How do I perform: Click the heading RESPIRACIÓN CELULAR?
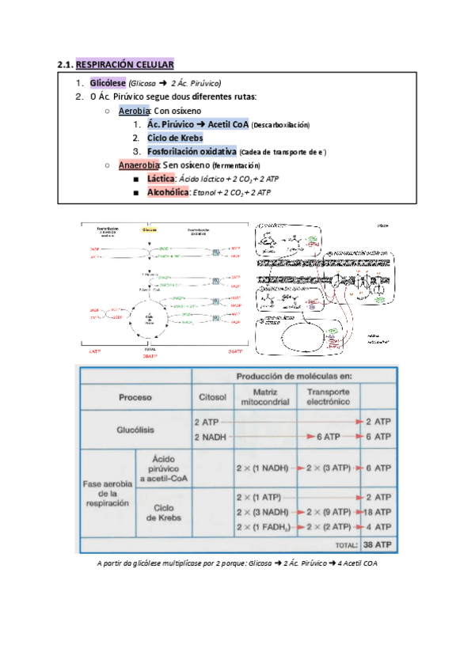pos(124,64)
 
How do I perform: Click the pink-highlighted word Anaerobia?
pos(139,165)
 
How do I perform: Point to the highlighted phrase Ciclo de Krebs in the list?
pos(175,138)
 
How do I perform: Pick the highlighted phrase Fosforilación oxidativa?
pos(192,151)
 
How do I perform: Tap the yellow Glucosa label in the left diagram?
pos(150,229)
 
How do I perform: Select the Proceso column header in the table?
pos(135,397)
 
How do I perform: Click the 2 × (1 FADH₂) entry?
pos(261,527)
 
